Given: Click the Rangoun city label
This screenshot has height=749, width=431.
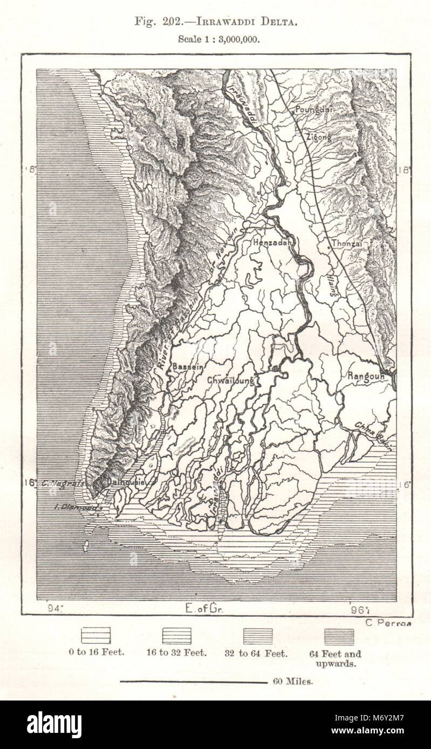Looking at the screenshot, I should [x=366, y=376].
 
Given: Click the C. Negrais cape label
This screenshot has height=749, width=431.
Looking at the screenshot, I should [x=61, y=483].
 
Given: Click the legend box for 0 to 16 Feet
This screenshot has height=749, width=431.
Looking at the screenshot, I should [x=95, y=636].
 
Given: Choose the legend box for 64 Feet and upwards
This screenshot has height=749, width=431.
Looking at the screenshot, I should [x=339, y=636].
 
